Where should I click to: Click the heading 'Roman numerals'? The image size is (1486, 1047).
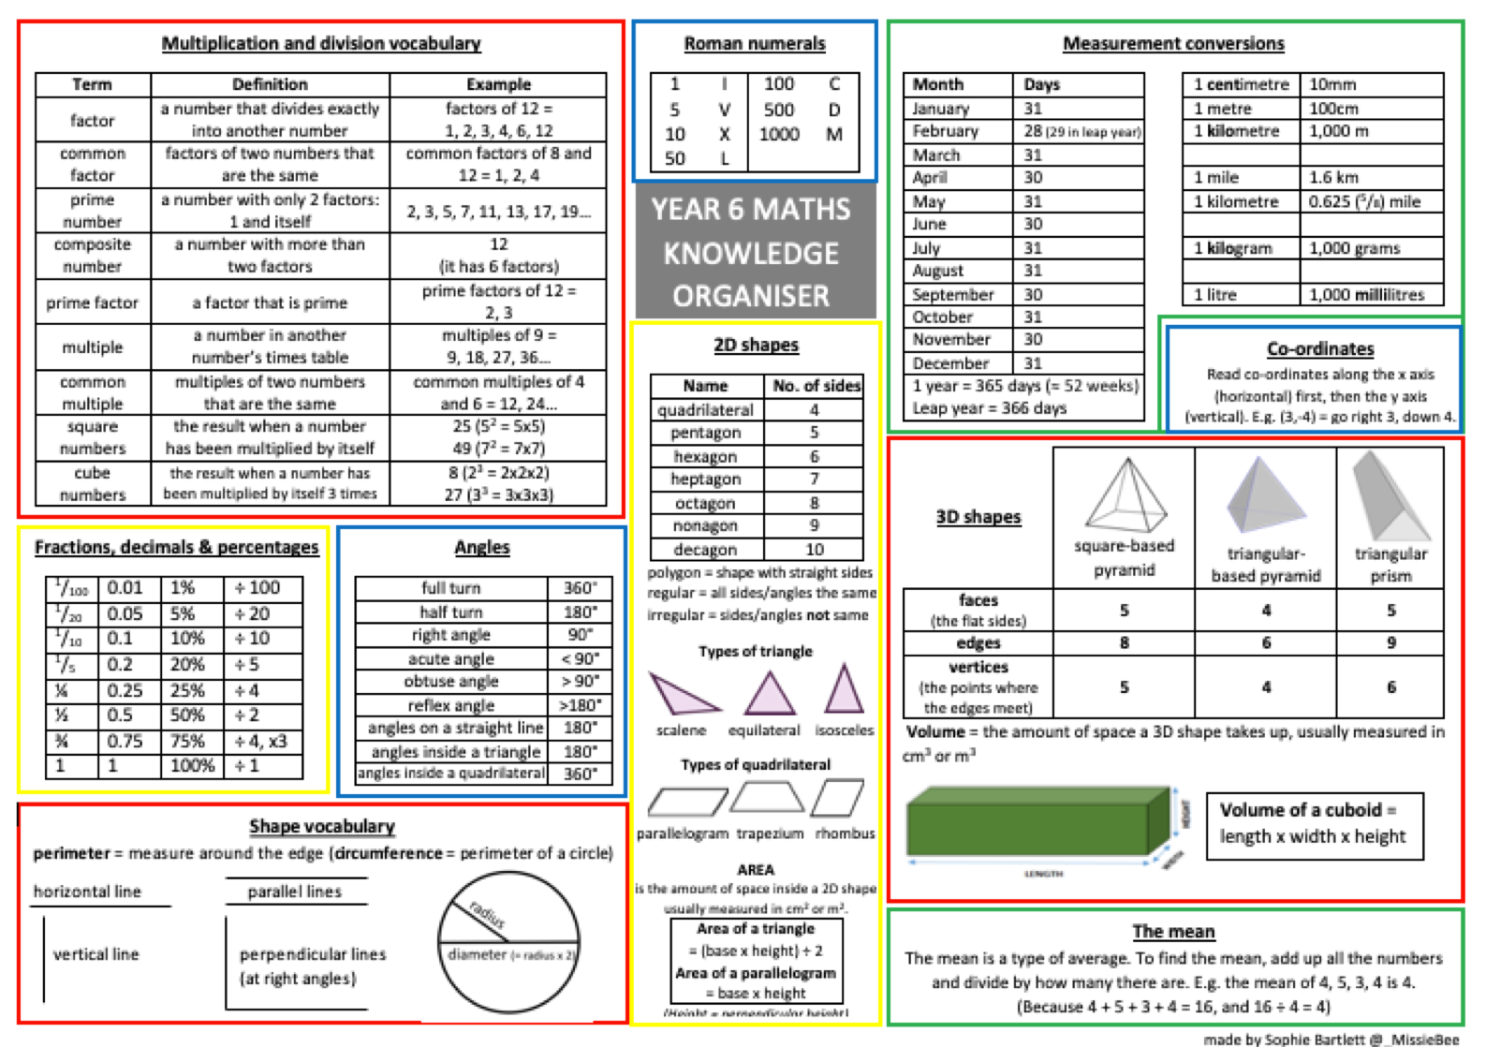point(754,43)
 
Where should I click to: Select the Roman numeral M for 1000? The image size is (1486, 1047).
point(833,134)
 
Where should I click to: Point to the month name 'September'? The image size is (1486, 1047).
point(952,294)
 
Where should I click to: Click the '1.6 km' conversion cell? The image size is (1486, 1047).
point(1333,177)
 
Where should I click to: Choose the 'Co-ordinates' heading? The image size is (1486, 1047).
point(1319,348)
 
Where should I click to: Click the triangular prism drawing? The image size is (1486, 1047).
point(1389,496)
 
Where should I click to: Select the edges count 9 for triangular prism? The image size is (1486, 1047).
point(1390,642)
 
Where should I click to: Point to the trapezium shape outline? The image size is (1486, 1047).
point(767,798)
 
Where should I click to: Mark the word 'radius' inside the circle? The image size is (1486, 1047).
point(487,913)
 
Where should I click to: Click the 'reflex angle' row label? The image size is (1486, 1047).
point(450,705)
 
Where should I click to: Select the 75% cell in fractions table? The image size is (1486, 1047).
point(186,741)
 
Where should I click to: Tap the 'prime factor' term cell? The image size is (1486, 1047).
point(92,302)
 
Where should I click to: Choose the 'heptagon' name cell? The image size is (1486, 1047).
point(705,479)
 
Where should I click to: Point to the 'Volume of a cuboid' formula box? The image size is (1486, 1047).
point(1313,823)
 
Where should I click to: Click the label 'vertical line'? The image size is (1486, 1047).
point(96,954)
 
